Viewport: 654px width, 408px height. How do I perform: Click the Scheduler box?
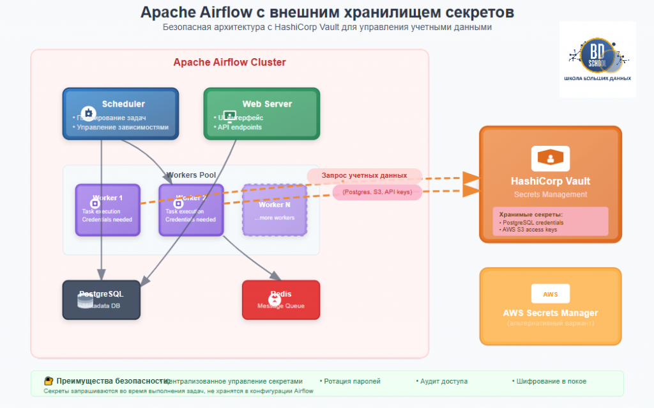pos(120,113)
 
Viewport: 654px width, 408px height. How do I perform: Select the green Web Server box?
pos(261,113)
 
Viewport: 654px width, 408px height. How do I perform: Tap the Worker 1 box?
pos(107,210)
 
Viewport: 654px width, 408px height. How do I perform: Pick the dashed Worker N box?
pos(275,210)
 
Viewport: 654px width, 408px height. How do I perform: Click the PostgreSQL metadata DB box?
pos(101,299)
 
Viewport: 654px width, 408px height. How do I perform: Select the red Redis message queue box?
pos(280,299)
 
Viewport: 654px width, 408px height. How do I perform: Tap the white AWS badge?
pos(550,294)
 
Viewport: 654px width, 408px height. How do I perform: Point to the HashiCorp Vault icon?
pos(550,158)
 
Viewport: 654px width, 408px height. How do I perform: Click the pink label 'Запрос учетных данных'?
pos(364,175)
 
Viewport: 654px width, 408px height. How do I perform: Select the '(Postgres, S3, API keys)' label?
pos(377,192)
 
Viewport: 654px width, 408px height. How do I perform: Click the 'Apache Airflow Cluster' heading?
pos(229,63)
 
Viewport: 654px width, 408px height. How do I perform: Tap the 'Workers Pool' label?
pos(191,175)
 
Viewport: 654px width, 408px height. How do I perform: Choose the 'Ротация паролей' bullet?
pos(350,381)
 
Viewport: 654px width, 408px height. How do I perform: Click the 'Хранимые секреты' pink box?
pos(550,221)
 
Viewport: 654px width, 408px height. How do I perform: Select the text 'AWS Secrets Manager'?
pos(550,313)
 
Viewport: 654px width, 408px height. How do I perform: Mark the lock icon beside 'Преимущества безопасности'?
pos(48,381)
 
